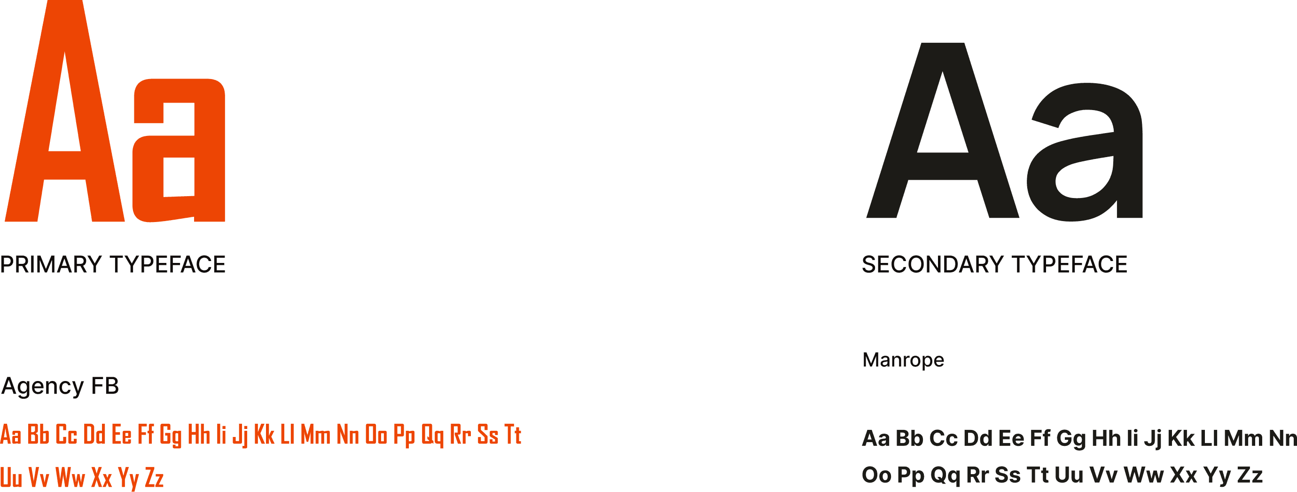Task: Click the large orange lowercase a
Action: pos(179,151)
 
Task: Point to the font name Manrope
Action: pos(903,360)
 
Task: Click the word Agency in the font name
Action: pos(42,387)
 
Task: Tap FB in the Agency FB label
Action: pos(105,386)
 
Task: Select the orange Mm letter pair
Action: pos(316,435)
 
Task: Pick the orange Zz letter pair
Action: pos(154,477)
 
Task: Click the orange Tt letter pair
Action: pos(513,435)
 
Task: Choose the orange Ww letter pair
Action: pos(70,477)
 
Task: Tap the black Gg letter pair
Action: pos(1071,438)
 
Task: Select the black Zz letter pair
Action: pos(1250,475)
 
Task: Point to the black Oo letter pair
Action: pos(876,475)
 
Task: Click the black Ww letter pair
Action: pos(1143,475)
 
